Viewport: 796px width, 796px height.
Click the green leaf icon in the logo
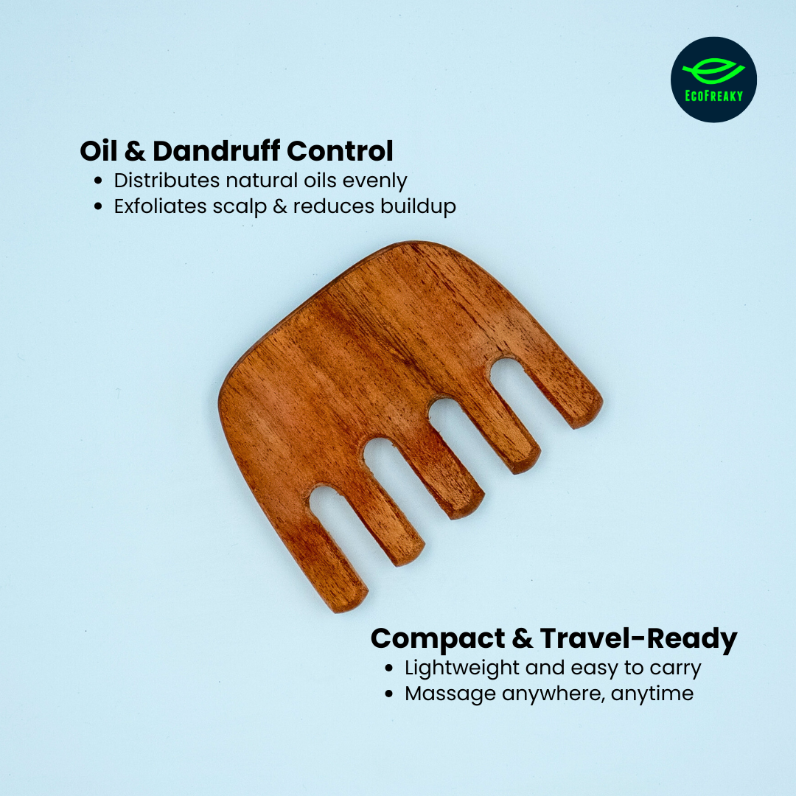(x=713, y=71)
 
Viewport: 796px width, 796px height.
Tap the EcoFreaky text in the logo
(x=713, y=96)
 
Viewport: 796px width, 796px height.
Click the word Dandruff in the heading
(x=216, y=151)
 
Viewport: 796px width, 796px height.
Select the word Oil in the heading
(x=98, y=151)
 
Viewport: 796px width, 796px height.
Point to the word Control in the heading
(x=340, y=151)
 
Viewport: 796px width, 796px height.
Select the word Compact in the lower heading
(x=438, y=639)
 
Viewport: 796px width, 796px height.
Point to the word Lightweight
(x=462, y=668)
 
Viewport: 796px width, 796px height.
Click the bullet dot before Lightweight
(x=389, y=668)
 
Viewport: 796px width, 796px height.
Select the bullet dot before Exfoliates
(x=98, y=206)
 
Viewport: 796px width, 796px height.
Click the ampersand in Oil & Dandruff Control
(x=135, y=151)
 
